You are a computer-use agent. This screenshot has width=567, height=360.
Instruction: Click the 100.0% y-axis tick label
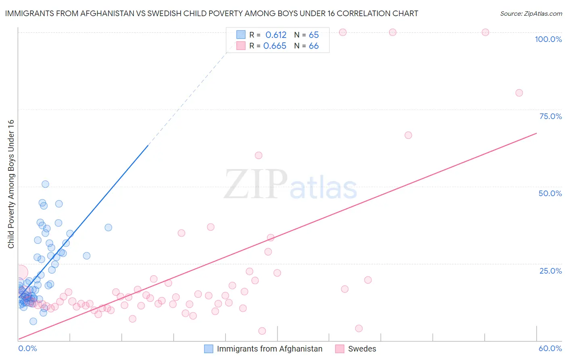[x=548, y=39]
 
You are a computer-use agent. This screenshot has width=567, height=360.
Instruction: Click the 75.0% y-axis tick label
[x=550, y=116]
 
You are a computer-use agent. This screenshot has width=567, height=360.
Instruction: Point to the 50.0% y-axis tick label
[x=550, y=193]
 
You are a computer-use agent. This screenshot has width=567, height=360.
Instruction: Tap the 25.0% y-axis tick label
[x=550, y=271]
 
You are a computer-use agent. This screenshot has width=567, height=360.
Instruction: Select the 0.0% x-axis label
[x=27, y=348]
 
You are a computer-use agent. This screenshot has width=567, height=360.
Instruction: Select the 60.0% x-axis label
[x=550, y=348]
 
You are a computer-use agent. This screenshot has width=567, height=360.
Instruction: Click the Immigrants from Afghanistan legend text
[x=269, y=349]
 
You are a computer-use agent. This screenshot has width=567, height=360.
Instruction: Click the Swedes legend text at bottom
[x=362, y=349]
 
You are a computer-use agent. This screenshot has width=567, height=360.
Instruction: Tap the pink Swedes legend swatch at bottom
[x=340, y=349]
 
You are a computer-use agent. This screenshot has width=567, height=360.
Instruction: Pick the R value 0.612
[x=276, y=35]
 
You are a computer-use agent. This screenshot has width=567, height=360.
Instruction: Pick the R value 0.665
[x=275, y=46]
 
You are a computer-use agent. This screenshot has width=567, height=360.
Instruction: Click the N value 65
[x=314, y=35]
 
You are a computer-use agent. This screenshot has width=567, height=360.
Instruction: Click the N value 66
[x=314, y=46]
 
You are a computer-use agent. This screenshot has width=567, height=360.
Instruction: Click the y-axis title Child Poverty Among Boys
[x=11, y=184]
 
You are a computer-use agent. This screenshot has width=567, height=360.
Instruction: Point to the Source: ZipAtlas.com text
[x=531, y=14]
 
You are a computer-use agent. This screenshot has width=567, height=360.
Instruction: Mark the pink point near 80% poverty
[x=519, y=93]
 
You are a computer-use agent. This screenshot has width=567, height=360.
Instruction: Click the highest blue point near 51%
[x=45, y=184]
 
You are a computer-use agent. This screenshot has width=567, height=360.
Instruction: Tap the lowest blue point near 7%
[x=33, y=321]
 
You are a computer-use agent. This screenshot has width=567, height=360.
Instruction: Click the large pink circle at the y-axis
[x=20, y=273]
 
